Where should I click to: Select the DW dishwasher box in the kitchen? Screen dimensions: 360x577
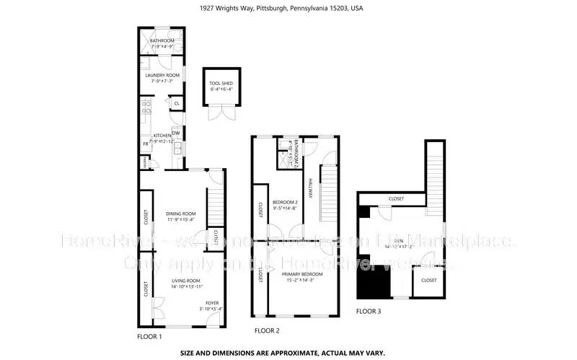175,133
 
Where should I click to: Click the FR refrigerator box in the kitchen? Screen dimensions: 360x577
145,144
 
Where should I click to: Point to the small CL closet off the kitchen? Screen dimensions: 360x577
175,104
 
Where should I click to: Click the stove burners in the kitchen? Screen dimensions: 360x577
146,108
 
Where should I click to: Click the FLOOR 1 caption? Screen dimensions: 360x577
149,337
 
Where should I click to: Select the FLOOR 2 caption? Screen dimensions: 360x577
267,331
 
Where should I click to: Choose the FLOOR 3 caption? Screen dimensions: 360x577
369,312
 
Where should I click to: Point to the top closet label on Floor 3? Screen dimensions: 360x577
396,198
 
